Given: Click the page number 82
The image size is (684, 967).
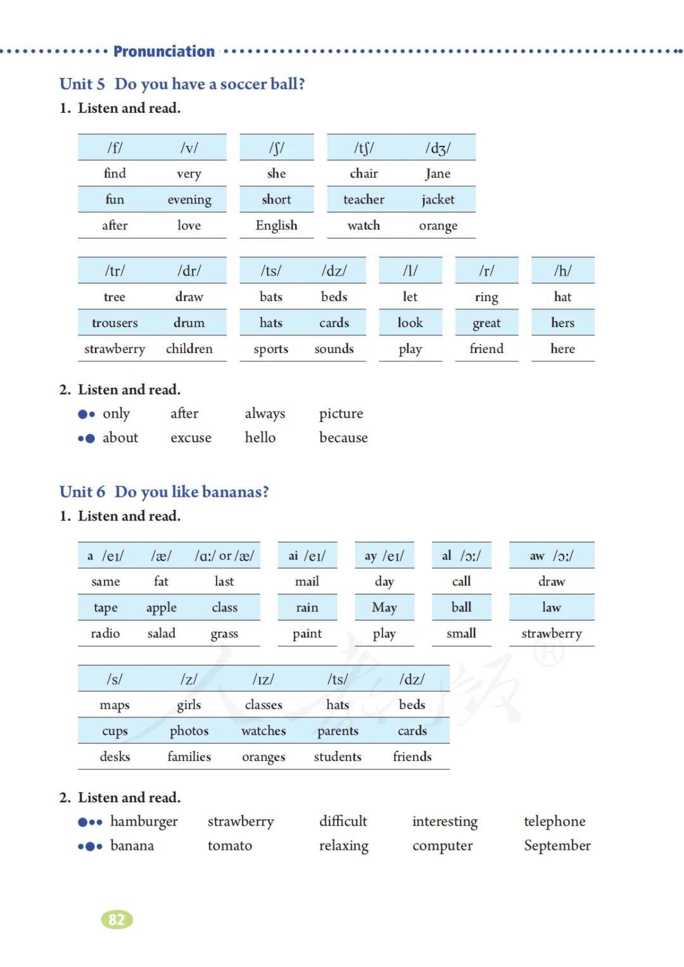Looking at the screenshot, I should [x=117, y=919].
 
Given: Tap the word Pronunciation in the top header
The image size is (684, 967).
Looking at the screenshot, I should [x=164, y=51].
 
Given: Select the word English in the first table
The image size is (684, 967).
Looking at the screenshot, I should [x=276, y=226].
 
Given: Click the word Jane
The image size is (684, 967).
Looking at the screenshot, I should [x=438, y=174].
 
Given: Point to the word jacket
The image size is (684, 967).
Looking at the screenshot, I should [x=438, y=200].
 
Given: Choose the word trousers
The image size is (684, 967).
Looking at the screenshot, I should [x=115, y=323].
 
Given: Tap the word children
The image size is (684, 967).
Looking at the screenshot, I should [x=189, y=349].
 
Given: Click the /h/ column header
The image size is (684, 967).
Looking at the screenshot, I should [x=562, y=271].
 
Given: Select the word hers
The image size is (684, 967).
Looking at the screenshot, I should [x=562, y=323].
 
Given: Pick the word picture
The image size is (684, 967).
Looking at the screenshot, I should [x=341, y=414].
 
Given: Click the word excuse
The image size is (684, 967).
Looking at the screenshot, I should [x=191, y=438].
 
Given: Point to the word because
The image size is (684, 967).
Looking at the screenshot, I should [x=343, y=438].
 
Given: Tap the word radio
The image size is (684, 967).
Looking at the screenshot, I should [x=105, y=634].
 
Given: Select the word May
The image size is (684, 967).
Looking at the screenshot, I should [x=384, y=608].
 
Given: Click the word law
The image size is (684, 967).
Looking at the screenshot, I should [x=551, y=608].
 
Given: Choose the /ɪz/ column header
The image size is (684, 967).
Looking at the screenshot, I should [x=263, y=679].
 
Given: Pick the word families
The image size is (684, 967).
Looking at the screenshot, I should [x=189, y=757].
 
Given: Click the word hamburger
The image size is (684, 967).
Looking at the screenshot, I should [x=144, y=822].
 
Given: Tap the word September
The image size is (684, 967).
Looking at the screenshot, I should [x=557, y=846].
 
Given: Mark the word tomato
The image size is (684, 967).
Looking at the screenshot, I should [x=229, y=846].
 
